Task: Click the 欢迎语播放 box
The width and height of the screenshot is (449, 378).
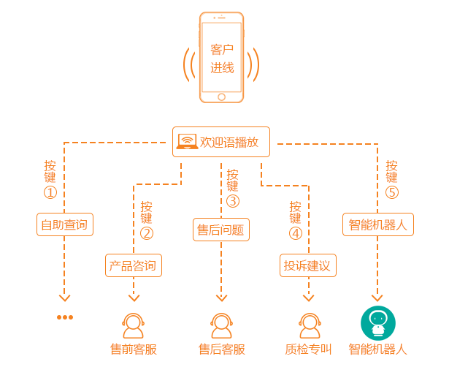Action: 221,142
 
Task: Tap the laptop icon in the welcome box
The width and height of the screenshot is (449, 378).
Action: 187,142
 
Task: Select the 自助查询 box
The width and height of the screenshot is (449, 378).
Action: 65,224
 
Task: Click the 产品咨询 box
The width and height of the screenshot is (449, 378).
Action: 134,265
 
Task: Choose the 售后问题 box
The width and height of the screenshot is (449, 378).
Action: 220,230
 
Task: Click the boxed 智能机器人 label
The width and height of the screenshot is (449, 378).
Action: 378,224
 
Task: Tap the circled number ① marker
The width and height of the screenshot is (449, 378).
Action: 50,192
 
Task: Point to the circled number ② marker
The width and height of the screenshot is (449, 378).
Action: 147,233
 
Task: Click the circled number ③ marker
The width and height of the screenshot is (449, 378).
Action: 233,201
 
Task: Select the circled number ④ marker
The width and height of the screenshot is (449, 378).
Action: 295,233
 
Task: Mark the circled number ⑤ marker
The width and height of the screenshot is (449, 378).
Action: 391,192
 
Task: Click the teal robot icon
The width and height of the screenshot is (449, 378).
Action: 377,322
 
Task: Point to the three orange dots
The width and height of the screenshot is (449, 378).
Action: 65,317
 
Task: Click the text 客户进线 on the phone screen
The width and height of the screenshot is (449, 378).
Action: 222,59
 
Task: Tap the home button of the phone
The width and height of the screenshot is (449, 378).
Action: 221,97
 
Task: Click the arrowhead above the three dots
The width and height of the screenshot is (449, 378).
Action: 65,297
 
